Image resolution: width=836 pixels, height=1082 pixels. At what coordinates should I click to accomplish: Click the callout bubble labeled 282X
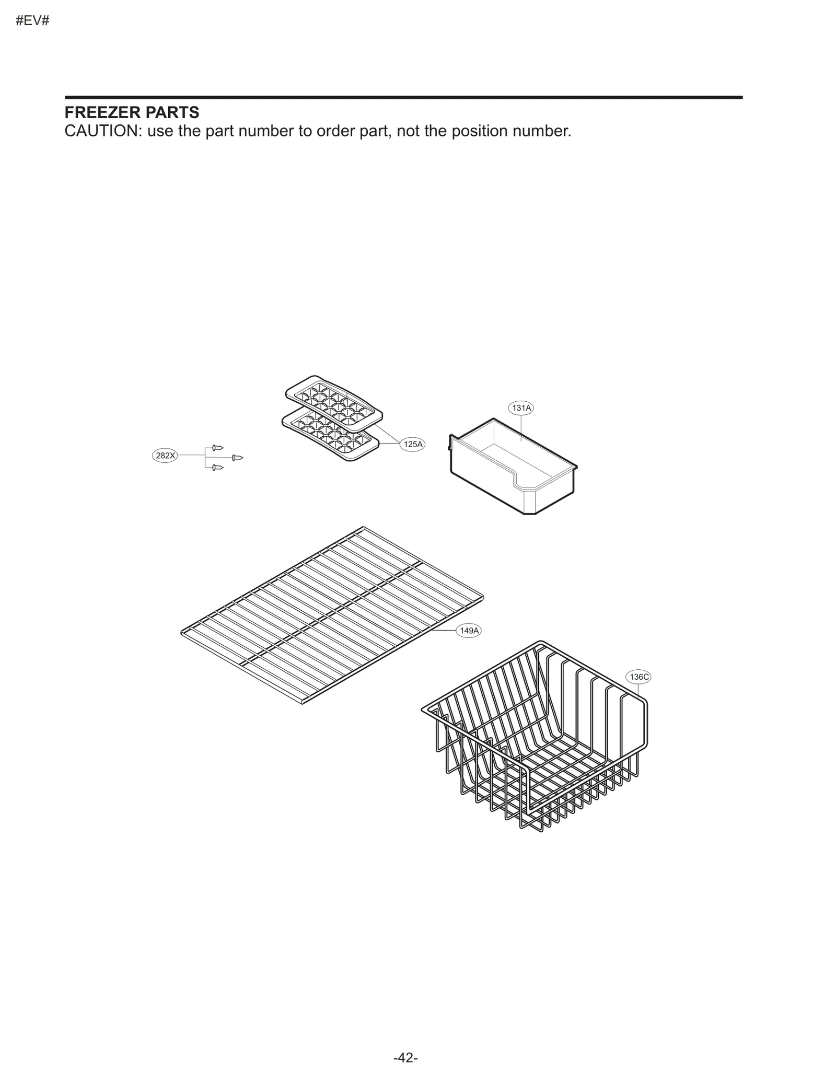[165, 456]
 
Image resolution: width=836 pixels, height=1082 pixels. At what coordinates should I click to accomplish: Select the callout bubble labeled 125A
[413, 445]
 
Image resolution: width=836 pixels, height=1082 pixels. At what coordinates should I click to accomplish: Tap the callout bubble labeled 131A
[521, 408]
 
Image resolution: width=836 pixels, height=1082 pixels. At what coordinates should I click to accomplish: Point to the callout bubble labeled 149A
[469, 631]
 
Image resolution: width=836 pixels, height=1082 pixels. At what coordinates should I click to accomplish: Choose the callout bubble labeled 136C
[638, 677]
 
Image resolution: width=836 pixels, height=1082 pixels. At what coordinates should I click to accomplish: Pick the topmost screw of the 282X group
[217, 448]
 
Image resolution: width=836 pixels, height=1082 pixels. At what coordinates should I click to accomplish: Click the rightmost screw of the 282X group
[237, 458]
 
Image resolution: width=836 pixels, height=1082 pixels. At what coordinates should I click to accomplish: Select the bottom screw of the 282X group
[217, 468]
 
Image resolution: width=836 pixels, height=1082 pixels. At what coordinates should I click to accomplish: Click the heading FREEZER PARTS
[132, 112]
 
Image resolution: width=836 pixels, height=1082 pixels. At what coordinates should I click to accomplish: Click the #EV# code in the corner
[32, 21]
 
